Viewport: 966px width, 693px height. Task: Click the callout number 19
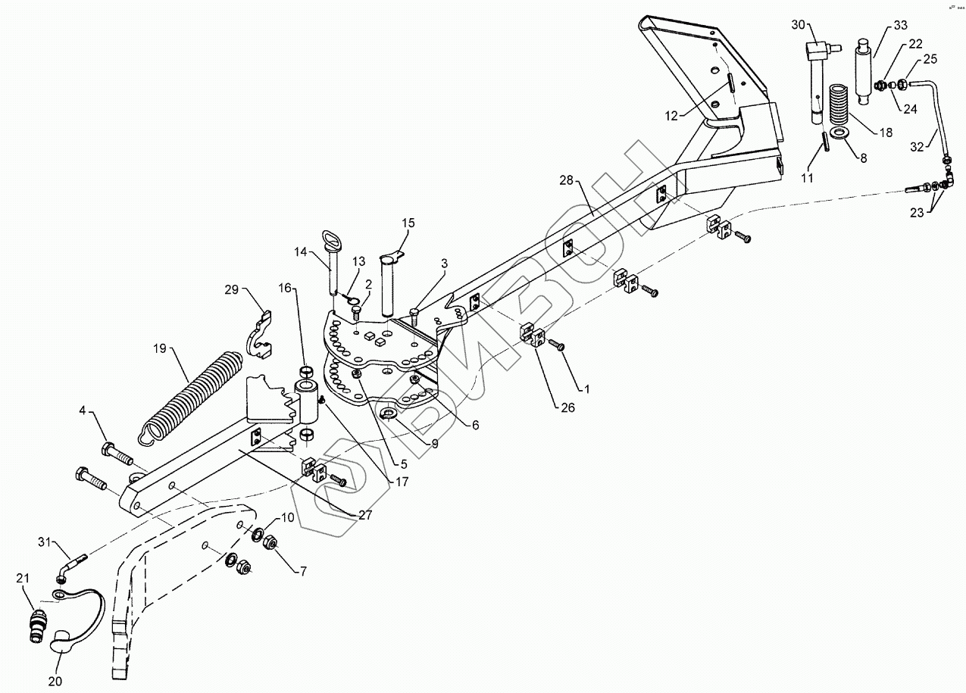click(x=160, y=348)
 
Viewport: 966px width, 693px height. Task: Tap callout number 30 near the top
click(x=798, y=25)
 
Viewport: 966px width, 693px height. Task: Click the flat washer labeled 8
click(x=839, y=134)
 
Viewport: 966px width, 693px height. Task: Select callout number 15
click(x=408, y=223)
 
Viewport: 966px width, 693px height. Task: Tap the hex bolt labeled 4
click(x=116, y=453)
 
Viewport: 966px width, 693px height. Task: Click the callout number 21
click(x=23, y=579)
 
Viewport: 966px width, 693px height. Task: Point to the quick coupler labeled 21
click(x=36, y=617)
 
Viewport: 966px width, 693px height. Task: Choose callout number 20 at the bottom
click(x=54, y=680)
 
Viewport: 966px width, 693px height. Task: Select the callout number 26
click(x=568, y=407)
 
